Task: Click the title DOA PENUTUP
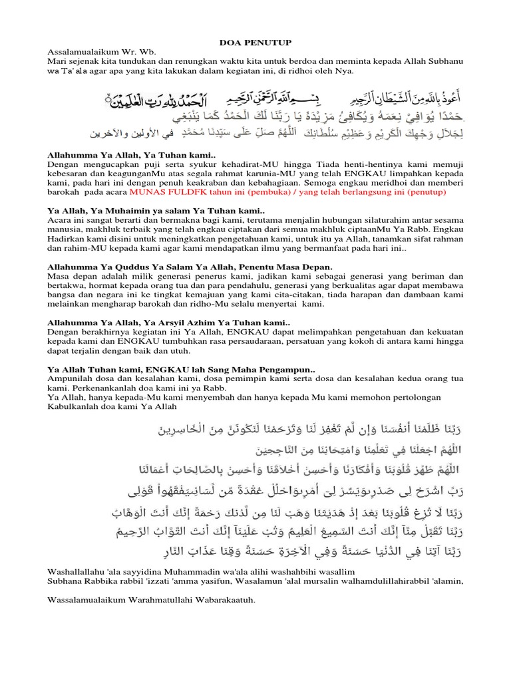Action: (255, 42)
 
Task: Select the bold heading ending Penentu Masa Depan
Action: (190, 266)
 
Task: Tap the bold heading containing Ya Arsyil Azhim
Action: (170, 322)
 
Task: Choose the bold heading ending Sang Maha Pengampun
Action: (181, 368)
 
